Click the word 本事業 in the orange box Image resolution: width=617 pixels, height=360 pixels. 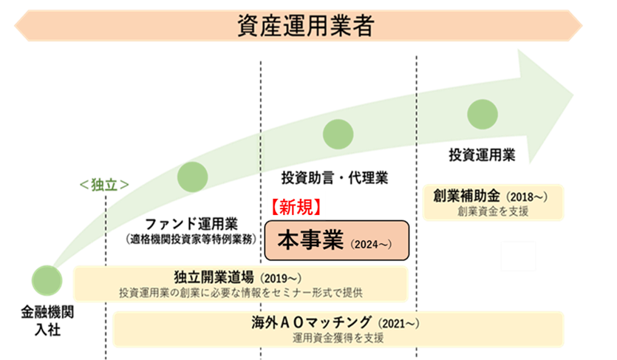tap(310, 241)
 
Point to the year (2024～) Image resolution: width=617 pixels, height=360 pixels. tap(370, 244)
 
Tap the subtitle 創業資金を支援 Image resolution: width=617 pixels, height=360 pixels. tap(493, 211)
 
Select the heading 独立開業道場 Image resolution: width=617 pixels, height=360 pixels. tap(214, 277)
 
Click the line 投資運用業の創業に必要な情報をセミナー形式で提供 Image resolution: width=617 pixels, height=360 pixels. tap(241, 292)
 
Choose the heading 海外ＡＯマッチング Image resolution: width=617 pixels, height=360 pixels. tap(313, 323)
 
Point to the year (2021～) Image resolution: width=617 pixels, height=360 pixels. tap(400, 324)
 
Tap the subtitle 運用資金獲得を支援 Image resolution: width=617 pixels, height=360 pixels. tap(338, 338)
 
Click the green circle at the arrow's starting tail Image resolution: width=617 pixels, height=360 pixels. tap(47, 280)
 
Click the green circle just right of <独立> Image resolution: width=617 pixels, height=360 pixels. tap(193, 176)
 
